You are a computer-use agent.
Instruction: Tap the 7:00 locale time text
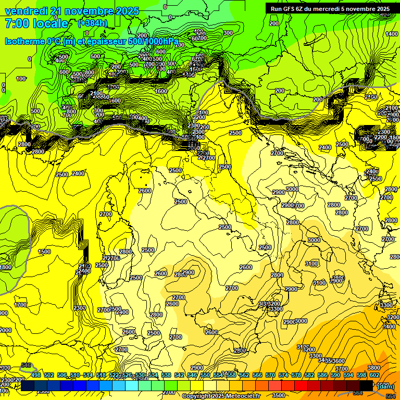point(36,23)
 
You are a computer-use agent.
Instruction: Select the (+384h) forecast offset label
point(93,23)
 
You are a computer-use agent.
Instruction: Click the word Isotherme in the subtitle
point(23,41)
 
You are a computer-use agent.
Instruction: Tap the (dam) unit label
point(385,386)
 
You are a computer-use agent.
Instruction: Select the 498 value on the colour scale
point(36,375)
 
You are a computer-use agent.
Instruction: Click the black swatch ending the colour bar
point(366,385)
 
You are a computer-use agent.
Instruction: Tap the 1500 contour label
point(45,252)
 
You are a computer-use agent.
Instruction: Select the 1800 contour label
point(5,267)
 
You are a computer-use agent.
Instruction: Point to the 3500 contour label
point(278,396)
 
